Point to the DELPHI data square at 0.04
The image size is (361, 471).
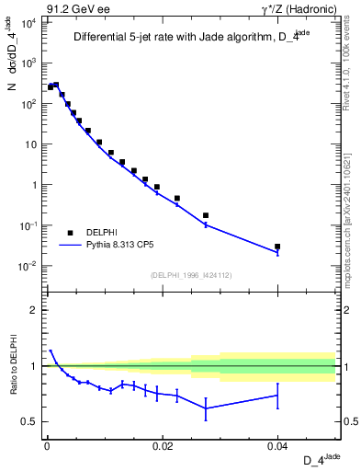coord(277,247)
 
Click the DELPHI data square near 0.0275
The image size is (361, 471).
coord(205,215)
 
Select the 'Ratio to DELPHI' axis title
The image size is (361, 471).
coord(13,365)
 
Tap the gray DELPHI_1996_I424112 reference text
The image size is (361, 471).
coord(190,275)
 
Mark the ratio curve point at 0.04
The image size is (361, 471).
coord(277,396)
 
